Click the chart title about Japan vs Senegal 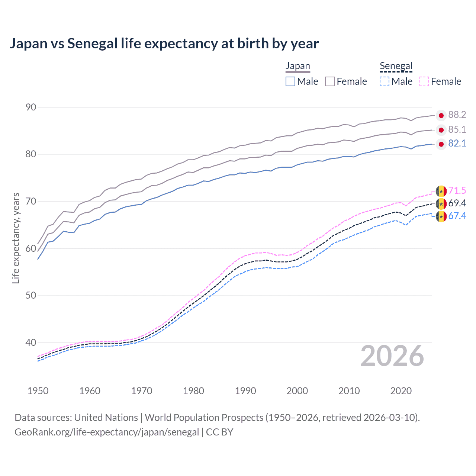click(164, 44)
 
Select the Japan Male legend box click(290, 81)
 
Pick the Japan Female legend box click(330, 81)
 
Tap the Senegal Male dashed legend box click(385, 81)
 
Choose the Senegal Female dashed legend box click(424, 81)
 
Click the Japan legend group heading click(297, 66)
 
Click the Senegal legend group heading click(396, 66)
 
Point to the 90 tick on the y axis click(31, 107)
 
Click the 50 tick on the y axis click(31, 296)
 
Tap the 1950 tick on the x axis click(38, 391)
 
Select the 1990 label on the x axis click(245, 391)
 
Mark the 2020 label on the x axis click(401, 391)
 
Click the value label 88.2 click(457, 115)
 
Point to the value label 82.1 click(457, 144)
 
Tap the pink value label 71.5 click(457, 191)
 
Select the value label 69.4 click(457, 203)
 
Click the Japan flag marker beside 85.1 click(441, 130)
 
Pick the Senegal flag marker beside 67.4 click(441, 216)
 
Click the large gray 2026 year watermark click(392, 356)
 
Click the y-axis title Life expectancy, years click(16, 238)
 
